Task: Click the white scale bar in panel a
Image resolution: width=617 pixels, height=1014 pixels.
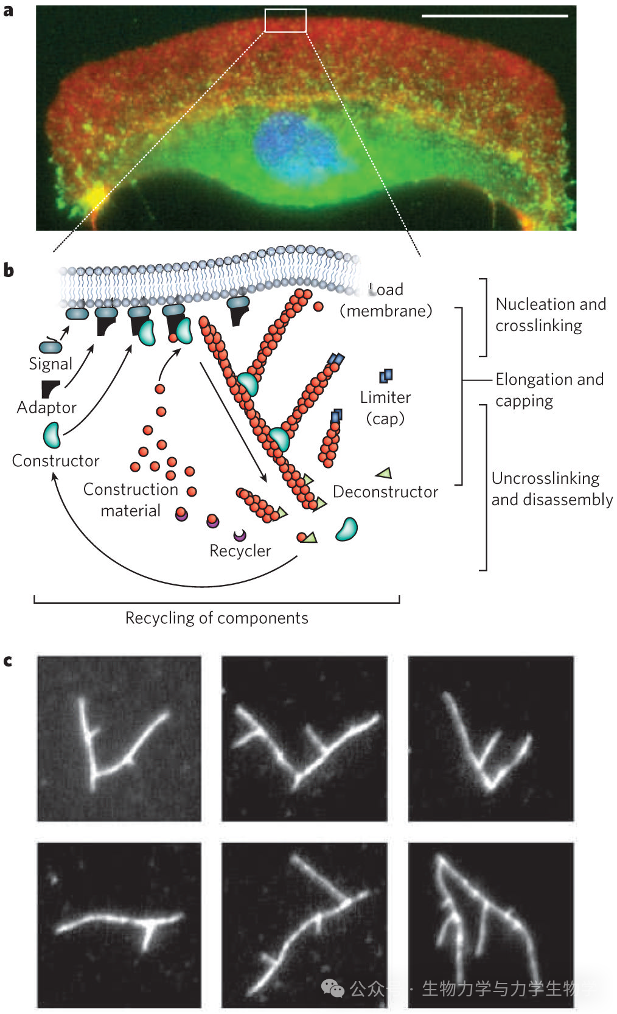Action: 494,16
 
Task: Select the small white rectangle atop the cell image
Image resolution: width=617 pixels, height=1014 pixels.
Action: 285,21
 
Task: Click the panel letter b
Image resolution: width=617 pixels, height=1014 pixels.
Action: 9,271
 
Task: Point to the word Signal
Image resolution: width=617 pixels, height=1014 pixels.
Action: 51,364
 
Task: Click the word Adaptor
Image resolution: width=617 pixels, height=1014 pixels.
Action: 47,407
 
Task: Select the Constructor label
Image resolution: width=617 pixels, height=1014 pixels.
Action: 55,461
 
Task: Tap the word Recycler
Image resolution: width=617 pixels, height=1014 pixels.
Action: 240,551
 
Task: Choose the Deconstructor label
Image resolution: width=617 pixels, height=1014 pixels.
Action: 385,492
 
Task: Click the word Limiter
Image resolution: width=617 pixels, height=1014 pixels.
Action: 385,397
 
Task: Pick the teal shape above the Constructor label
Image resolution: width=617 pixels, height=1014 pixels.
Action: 52,433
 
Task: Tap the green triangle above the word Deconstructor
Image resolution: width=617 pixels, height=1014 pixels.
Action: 384,473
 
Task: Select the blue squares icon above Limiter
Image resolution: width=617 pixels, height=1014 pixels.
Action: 386,376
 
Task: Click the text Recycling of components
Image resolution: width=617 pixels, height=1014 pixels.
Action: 217,618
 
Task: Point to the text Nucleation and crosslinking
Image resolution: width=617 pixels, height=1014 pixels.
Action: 550,315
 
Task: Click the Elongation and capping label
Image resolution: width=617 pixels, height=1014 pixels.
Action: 549,390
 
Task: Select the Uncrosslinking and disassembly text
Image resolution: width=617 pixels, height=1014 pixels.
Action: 551,489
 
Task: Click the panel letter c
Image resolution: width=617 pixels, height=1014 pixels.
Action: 8,661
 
